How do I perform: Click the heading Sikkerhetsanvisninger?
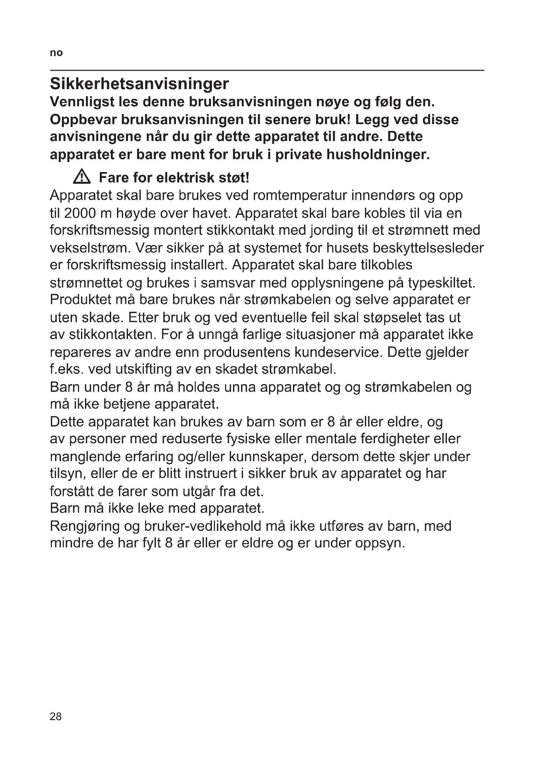pos(139,84)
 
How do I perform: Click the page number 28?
pos(55,716)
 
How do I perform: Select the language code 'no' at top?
pos(56,53)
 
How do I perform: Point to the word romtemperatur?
pos(300,195)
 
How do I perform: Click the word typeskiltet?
pos(441,283)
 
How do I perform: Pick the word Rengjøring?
pos(85,526)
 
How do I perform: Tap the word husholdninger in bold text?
pos(378,154)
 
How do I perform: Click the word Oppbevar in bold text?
pos(83,120)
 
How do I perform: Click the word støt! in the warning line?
pos(234,178)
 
